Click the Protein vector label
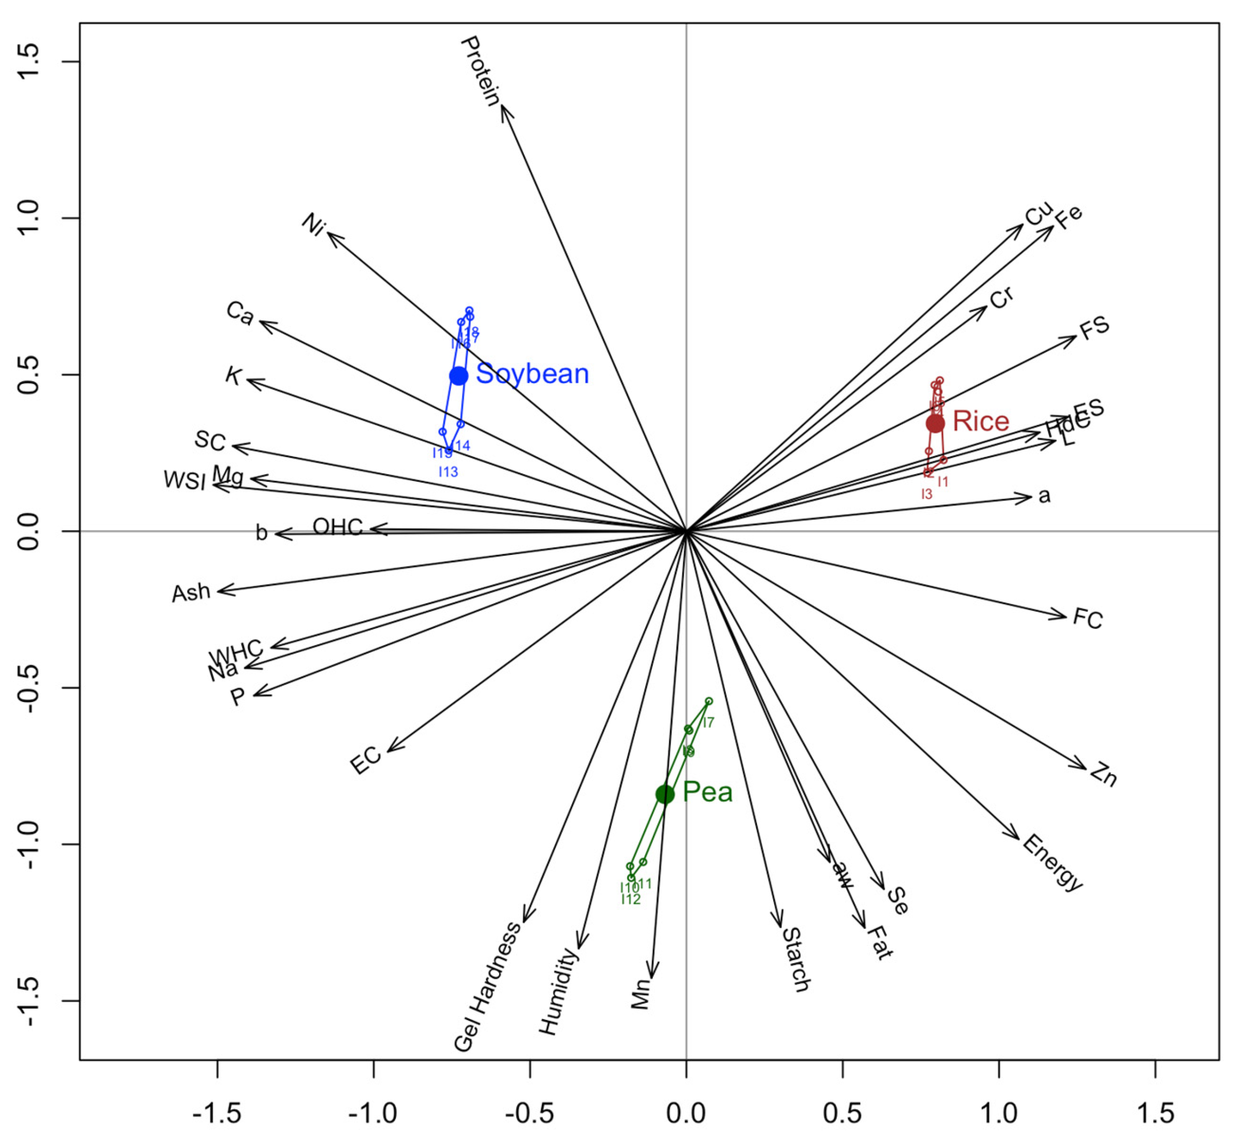[x=480, y=71]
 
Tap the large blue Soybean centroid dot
[x=458, y=376]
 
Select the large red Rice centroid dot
[x=935, y=423]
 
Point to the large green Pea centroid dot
[x=665, y=794]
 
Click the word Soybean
[x=532, y=374]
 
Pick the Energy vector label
[x=1052, y=863]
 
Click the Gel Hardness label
[x=487, y=986]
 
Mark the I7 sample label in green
[x=709, y=722]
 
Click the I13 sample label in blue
[x=448, y=472]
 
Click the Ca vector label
[x=240, y=313]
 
